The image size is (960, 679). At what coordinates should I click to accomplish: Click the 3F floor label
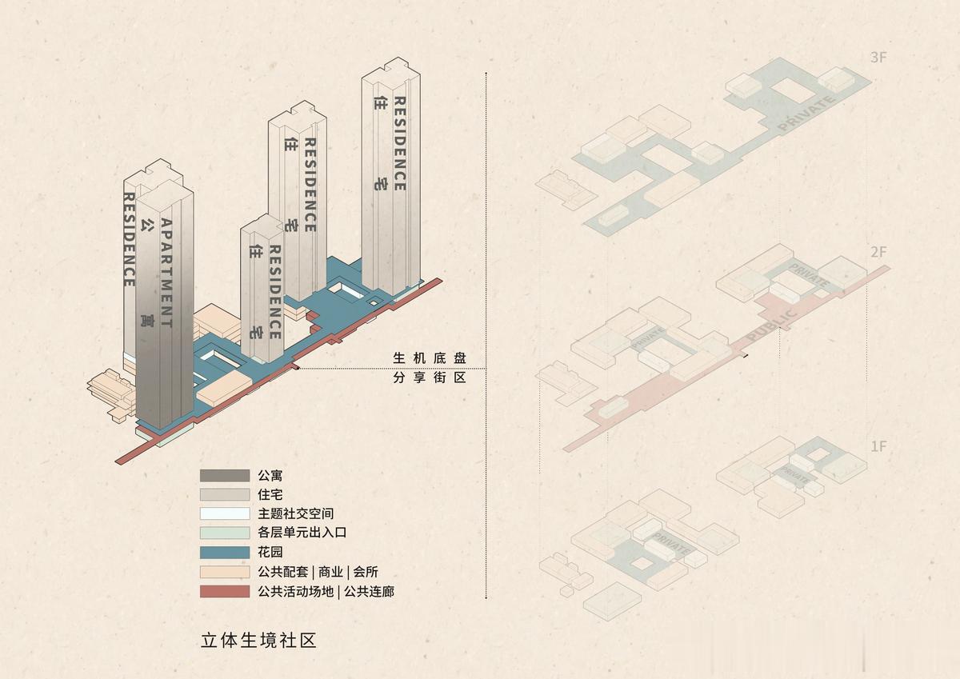[x=878, y=58]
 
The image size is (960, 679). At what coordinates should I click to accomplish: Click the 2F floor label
[x=878, y=252]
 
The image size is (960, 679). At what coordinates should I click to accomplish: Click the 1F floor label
[x=878, y=446]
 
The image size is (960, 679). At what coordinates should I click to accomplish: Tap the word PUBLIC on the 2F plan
[x=771, y=326]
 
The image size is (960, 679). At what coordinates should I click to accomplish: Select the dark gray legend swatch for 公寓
[x=225, y=475]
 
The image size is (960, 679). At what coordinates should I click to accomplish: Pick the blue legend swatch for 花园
[x=225, y=553]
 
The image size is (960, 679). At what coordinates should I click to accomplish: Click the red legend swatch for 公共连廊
[x=225, y=592]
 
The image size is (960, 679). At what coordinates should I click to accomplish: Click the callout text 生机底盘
[x=429, y=357]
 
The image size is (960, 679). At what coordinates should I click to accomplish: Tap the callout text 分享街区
[x=429, y=377]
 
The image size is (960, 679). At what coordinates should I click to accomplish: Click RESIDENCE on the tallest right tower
[x=399, y=144]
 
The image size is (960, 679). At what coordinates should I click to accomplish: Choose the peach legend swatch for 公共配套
[x=225, y=572]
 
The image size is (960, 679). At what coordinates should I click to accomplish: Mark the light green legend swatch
[x=225, y=533]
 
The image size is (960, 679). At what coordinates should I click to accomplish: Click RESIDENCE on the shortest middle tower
[x=274, y=291]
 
